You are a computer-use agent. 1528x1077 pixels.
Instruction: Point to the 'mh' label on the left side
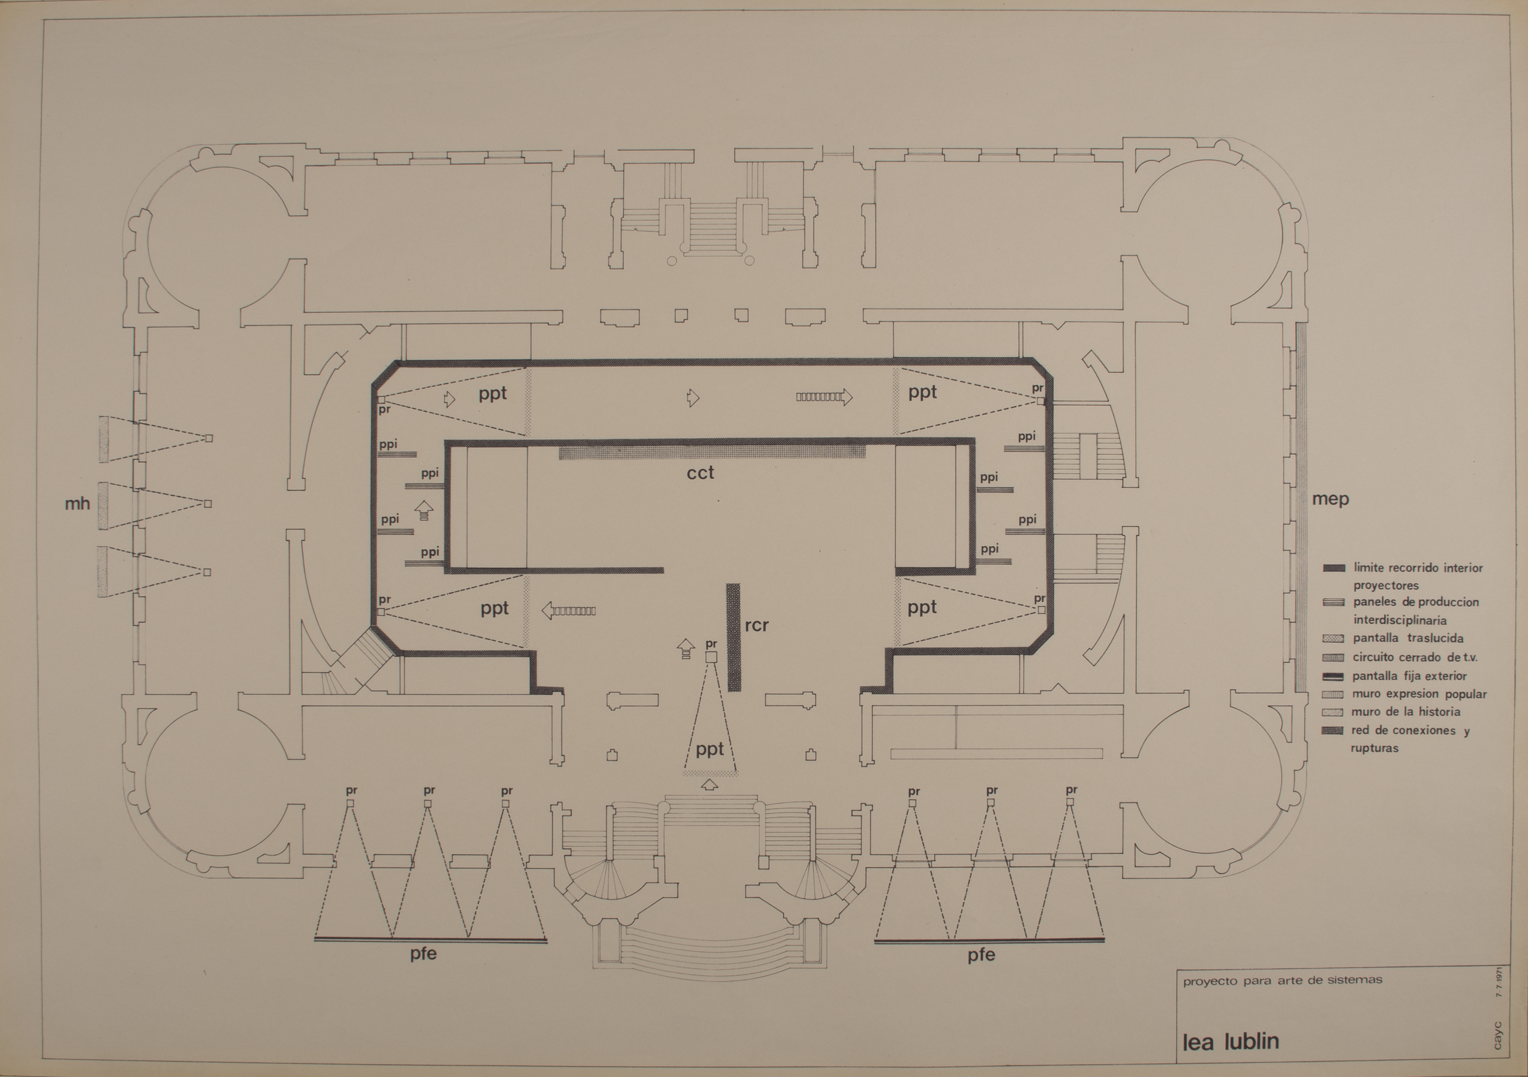coord(77,504)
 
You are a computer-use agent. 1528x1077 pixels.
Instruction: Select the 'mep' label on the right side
coord(1330,499)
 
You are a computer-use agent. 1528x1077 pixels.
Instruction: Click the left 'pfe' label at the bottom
coord(423,954)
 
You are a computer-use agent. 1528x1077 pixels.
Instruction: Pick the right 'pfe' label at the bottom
coord(982,955)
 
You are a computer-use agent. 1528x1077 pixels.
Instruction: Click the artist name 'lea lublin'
coord(1231,1041)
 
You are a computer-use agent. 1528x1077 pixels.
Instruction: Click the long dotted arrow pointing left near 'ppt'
coord(569,610)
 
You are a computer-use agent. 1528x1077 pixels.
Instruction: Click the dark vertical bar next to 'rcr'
coord(733,637)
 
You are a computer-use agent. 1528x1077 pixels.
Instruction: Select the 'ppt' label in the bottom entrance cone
coord(709,750)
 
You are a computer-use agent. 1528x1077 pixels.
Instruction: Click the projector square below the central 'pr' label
coord(711,657)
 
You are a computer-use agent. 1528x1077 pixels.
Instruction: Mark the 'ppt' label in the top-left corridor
coord(493,394)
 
